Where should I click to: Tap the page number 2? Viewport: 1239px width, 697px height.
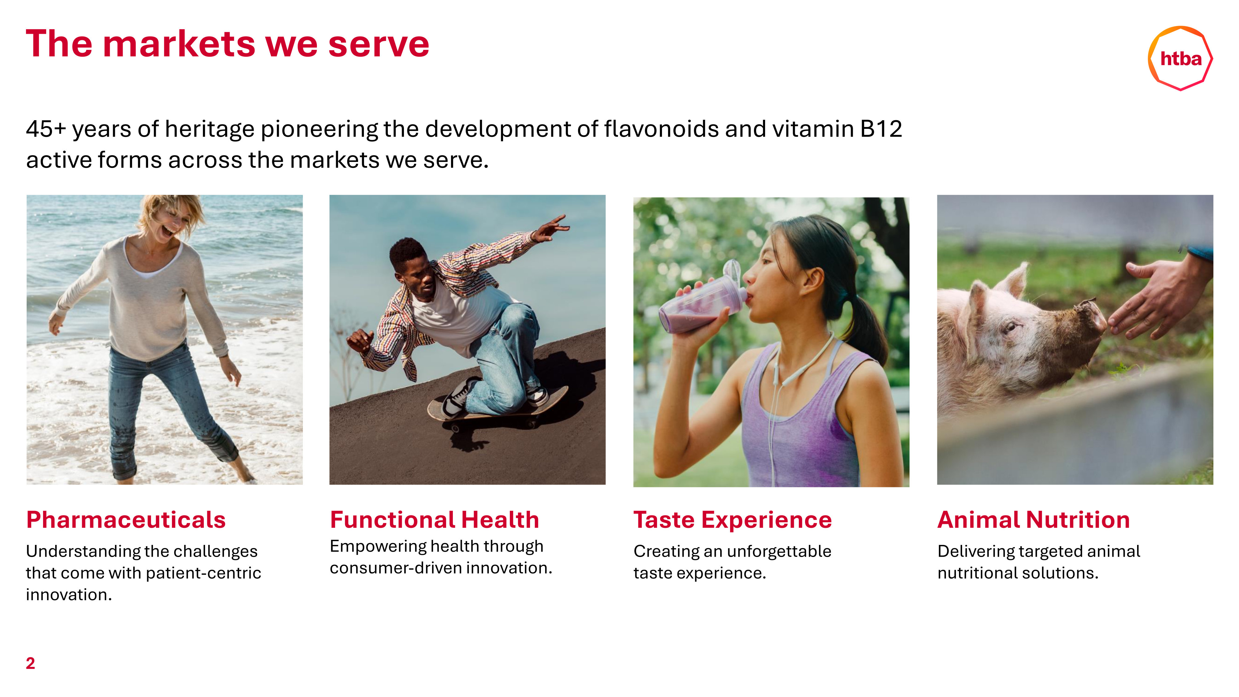coord(30,663)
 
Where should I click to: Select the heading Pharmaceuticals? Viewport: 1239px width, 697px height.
coord(126,520)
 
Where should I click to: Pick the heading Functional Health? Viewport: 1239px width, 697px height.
coord(434,520)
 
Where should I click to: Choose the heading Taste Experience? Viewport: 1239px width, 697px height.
coord(733,520)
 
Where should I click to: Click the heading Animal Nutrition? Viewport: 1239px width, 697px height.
coord(1034,520)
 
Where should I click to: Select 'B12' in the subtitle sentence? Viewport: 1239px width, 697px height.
coord(881,129)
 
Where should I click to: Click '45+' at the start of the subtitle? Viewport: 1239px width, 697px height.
coord(46,129)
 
